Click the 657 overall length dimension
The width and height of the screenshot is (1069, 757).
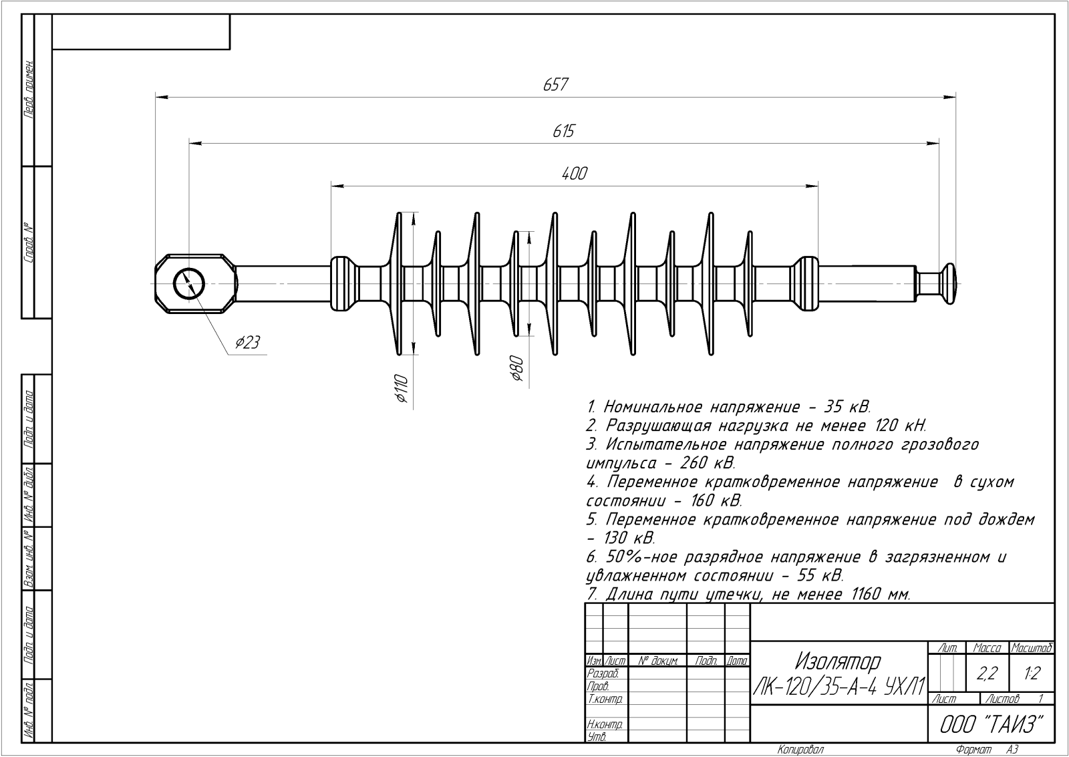click(555, 85)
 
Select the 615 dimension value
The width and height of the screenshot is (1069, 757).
click(563, 131)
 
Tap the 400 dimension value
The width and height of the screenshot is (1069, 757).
click(574, 174)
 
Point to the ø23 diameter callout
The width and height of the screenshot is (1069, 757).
click(247, 343)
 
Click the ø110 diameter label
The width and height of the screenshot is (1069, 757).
click(402, 389)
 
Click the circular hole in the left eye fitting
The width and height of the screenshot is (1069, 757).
click(190, 285)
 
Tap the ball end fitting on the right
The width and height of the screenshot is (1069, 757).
click(948, 283)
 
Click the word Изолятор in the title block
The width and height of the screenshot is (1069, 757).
click(838, 661)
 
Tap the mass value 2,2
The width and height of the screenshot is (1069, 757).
click(986, 674)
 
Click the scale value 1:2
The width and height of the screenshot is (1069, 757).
click(1032, 674)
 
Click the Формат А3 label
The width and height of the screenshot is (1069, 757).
click(987, 750)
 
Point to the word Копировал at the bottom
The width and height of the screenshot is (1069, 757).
click(800, 750)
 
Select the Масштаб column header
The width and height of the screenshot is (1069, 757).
click(1032, 647)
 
